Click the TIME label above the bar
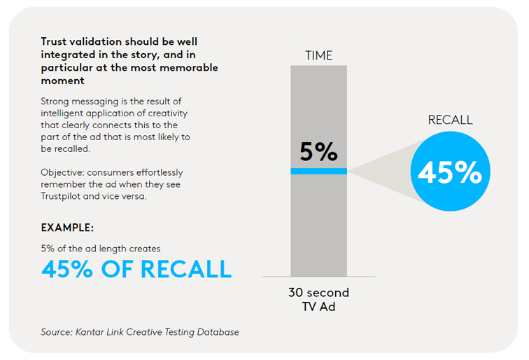point(318,55)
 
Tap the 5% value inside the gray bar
point(318,151)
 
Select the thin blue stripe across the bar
point(318,171)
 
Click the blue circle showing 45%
point(449,172)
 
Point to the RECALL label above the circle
point(450,120)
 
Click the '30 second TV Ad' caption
point(318,299)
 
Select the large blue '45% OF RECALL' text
point(136,269)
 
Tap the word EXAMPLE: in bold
point(67,228)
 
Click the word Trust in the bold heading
point(55,42)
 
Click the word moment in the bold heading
point(62,81)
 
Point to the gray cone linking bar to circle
point(378,171)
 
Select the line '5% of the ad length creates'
point(101,248)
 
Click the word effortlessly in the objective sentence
point(160,172)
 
